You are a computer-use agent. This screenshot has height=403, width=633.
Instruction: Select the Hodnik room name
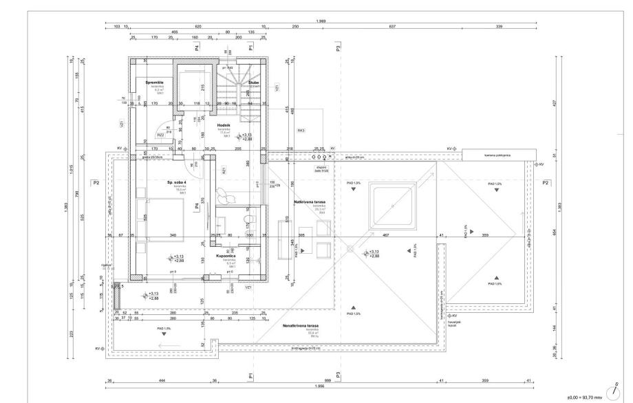[x=224, y=125]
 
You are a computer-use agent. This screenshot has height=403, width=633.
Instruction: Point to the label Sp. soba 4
[x=178, y=183]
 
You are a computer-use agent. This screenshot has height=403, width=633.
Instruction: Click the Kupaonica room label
[x=226, y=254]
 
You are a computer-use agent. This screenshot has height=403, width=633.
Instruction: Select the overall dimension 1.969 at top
[x=321, y=21]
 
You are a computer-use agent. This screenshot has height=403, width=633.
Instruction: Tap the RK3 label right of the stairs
[x=301, y=130]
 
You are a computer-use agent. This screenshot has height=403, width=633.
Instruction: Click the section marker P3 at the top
[x=338, y=48]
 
